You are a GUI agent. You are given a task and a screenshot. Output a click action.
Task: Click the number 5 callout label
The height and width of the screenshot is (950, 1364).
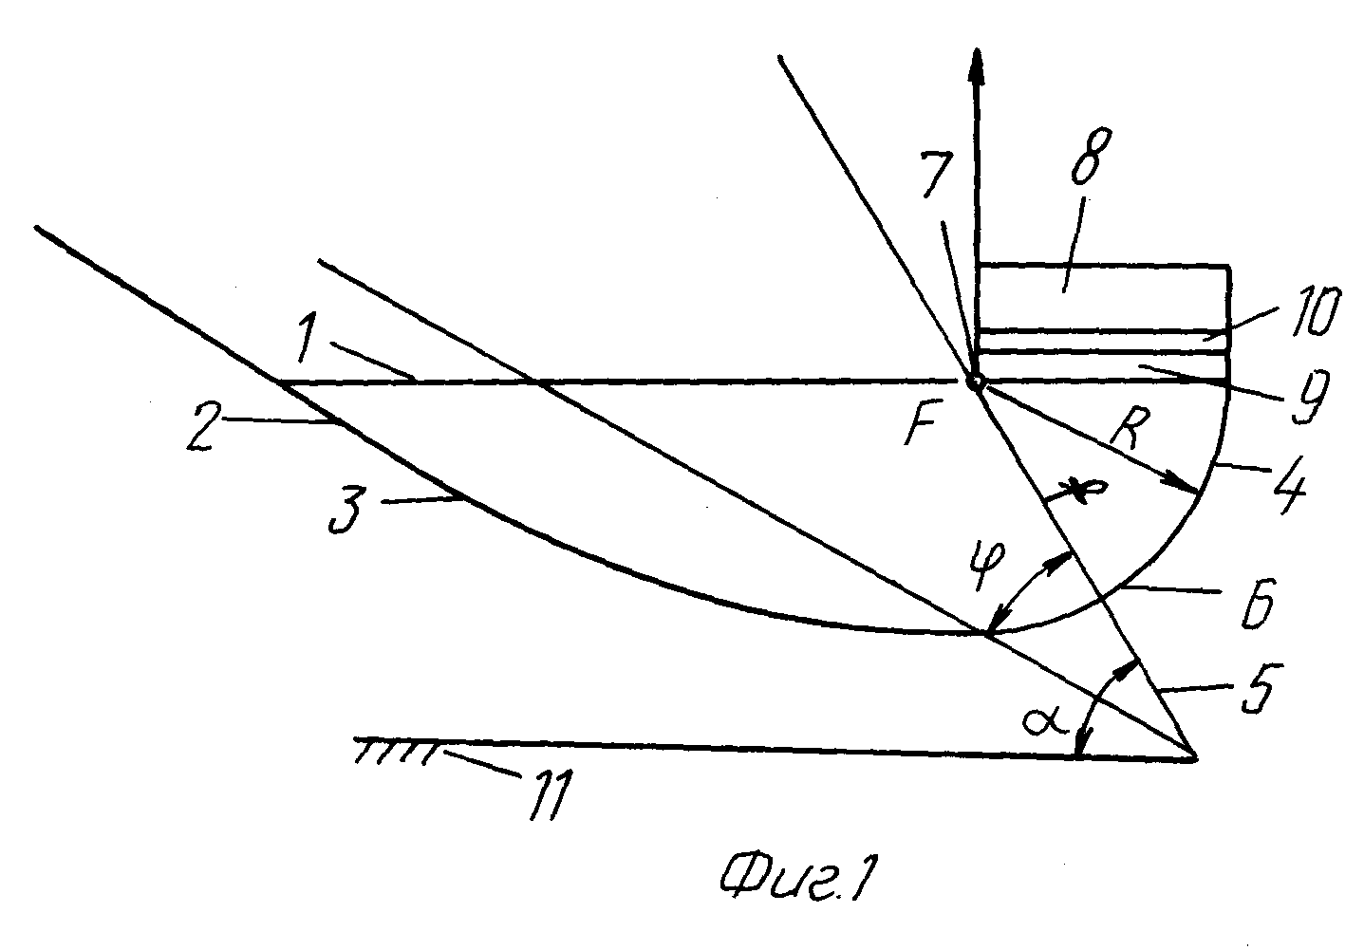coord(1263,689)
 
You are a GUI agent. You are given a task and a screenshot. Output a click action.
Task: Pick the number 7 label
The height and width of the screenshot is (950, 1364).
coord(938,173)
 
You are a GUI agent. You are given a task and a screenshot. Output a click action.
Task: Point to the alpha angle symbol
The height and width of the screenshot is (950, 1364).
coord(1045,722)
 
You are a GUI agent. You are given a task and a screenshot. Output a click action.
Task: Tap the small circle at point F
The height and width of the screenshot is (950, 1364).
coord(975,382)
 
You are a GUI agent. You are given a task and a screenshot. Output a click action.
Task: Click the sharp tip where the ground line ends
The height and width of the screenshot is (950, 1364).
coord(1195,759)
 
